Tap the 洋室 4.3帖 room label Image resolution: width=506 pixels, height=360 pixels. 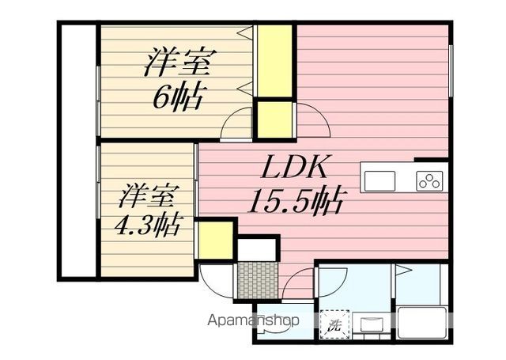tap(147, 210)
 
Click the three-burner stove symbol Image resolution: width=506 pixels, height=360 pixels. tap(429, 180)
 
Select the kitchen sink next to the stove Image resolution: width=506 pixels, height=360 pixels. tap(382, 178)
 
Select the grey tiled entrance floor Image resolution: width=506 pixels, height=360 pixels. tap(255, 278)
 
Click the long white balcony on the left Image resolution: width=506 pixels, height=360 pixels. tap(77, 150)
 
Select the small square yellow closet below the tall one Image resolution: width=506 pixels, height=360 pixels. tap(274, 119)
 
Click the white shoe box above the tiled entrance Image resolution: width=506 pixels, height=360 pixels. tap(255, 248)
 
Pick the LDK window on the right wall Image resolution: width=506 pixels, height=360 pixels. tap(451, 71)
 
